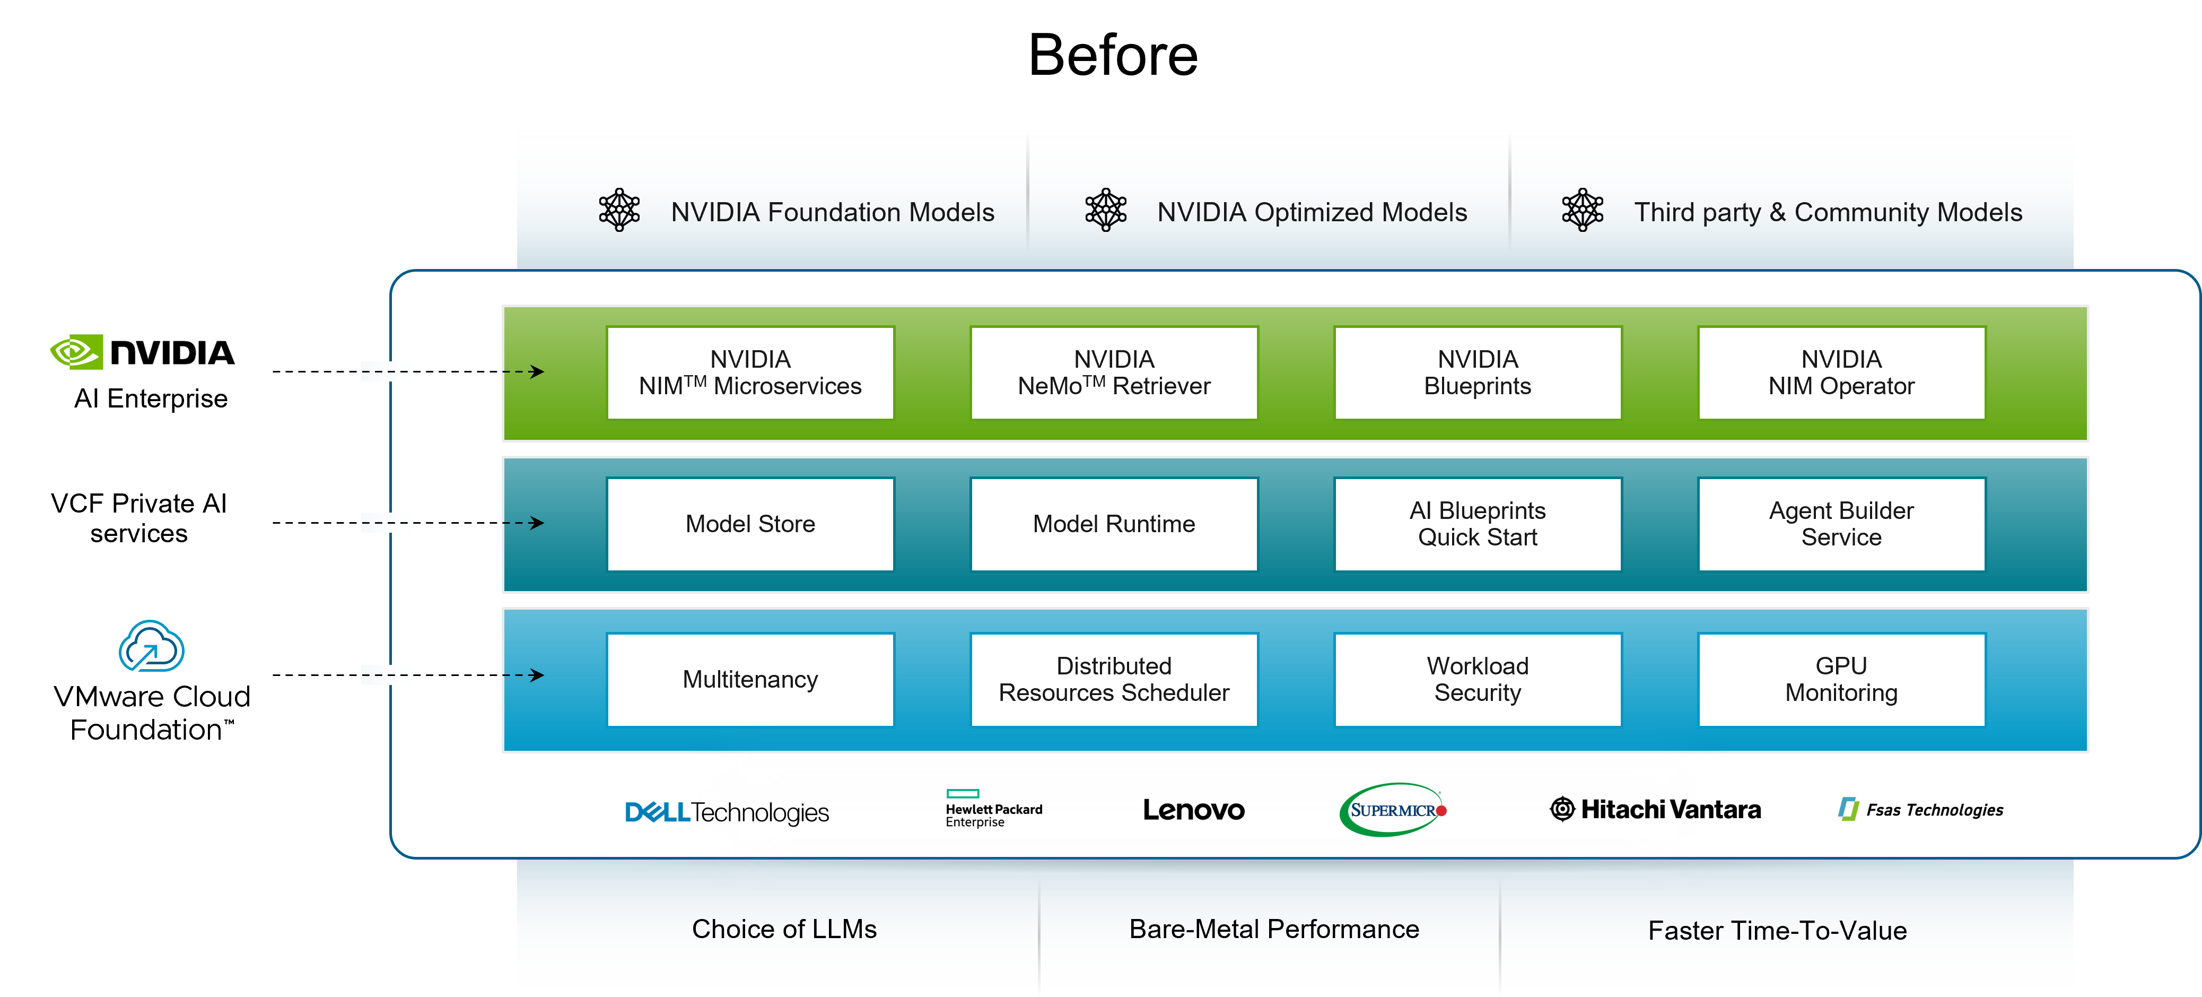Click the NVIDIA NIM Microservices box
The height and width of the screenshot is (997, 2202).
[750, 373]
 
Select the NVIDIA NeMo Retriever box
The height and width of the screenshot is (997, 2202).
[1113, 373]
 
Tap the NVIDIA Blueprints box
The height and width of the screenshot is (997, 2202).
[1477, 373]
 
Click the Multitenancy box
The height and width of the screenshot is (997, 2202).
[750, 680]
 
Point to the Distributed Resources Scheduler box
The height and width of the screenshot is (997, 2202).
[1113, 680]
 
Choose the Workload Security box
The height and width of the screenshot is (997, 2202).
[1477, 680]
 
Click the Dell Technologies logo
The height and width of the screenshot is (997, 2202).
[727, 811]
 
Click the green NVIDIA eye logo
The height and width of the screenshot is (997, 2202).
[77, 351]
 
